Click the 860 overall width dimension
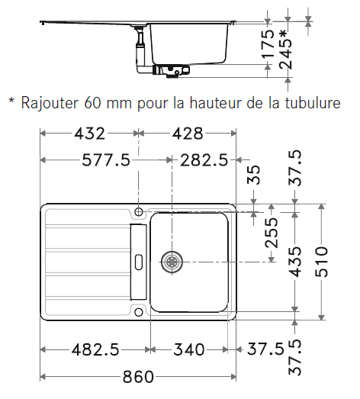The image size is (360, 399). [x=138, y=377]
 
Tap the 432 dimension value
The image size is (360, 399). [x=89, y=134]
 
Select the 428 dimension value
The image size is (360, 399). [x=188, y=134]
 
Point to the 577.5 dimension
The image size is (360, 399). [x=106, y=160]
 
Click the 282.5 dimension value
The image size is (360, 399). [x=204, y=160]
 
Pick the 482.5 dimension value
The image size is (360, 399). [x=95, y=349]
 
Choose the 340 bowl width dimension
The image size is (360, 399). [x=189, y=349]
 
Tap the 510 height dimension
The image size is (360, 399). [x=322, y=262]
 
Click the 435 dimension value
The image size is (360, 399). [x=296, y=262]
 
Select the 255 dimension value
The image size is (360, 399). [x=272, y=233]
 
